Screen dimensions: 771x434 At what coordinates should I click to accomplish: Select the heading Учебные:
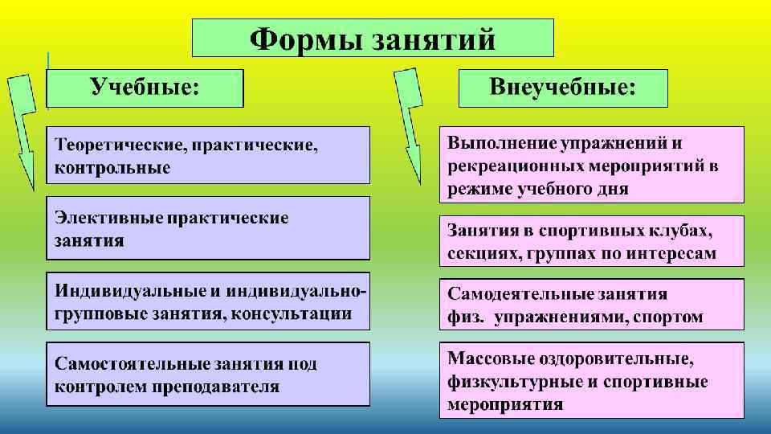click(x=145, y=87)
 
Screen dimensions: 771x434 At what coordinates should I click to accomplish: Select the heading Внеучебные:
click(x=563, y=87)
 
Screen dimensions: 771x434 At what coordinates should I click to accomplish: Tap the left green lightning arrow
click(x=22, y=129)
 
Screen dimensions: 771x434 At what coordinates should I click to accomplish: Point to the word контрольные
click(x=112, y=168)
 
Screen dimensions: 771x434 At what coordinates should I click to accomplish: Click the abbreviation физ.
click(x=465, y=317)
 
